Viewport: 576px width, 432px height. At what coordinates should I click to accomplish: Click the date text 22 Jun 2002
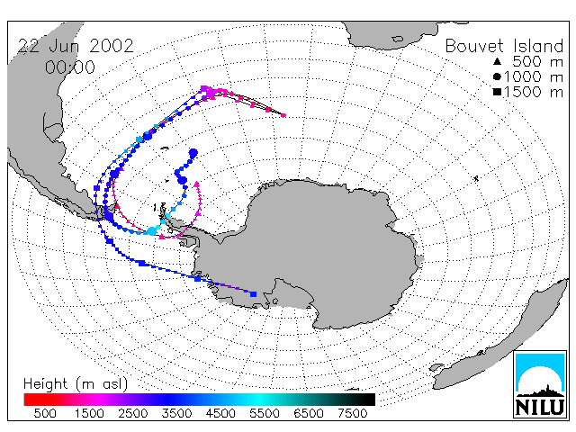tap(76, 46)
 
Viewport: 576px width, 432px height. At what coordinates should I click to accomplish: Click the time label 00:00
tap(70, 67)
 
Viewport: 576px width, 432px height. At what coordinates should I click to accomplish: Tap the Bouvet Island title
tap(504, 46)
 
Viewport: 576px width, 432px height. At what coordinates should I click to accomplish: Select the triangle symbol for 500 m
tap(497, 61)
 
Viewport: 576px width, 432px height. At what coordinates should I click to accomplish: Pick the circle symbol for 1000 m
tap(497, 76)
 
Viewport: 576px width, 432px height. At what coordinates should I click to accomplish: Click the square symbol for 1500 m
tap(497, 92)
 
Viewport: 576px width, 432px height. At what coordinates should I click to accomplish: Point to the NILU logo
tap(540, 384)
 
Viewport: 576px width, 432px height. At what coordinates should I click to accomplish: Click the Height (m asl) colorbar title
tap(76, 384)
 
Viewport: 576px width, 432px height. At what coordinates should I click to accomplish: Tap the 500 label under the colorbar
tap(45, 414)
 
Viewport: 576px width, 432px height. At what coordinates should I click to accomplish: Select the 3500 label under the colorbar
tap(176, 414)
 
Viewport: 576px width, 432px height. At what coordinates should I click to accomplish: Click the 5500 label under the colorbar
tap(265, 414)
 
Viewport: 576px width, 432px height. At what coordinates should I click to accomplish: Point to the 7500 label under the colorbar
tap(352, 414)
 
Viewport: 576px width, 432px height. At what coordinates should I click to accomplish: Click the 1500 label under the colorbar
tap(89, 414)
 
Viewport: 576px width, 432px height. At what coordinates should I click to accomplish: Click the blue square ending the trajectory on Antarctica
tap(253, 294)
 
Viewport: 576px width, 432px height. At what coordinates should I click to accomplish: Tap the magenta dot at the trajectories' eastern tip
tap(283, 115)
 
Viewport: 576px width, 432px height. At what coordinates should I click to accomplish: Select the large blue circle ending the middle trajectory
tap(193, 153)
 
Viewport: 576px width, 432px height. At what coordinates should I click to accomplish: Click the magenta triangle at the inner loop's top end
tap(197, 183)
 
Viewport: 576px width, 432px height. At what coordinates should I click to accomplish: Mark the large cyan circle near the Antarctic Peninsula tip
tap(152, 231)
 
